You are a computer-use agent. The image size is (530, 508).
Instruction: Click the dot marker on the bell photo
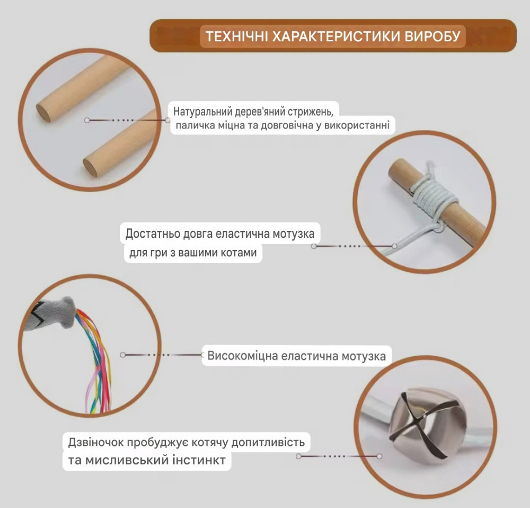380,455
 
